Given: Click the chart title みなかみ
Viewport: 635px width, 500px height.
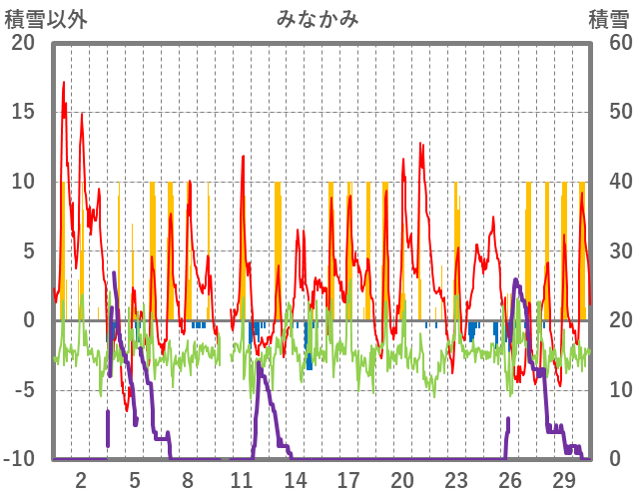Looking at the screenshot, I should (317, 19).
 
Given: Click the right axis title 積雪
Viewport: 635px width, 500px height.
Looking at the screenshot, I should (607, 19).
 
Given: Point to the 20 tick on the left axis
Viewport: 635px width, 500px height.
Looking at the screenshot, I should (22, 43).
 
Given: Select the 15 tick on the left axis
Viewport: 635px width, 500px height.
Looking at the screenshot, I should (22, 112).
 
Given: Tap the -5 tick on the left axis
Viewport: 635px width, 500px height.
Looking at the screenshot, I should (22, 390).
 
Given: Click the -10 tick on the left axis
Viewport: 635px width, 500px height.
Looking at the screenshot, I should (19, 459).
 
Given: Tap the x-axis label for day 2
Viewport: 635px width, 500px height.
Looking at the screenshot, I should (81, 479).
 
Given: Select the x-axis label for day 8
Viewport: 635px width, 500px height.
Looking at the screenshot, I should (188, 479).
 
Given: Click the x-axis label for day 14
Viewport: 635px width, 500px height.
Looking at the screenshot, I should (295, 479).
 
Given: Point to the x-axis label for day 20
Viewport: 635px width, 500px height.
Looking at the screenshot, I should (402, 479).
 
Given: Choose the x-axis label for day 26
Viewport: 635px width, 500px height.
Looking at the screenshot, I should (509, 479).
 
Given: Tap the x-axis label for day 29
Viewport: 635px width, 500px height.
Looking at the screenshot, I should (563, 479).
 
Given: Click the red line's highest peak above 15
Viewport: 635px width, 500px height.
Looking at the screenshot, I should (64, 83).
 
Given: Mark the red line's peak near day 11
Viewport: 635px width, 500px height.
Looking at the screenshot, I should (243, 157).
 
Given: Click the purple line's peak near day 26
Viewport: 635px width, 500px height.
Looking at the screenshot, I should (515, 280).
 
